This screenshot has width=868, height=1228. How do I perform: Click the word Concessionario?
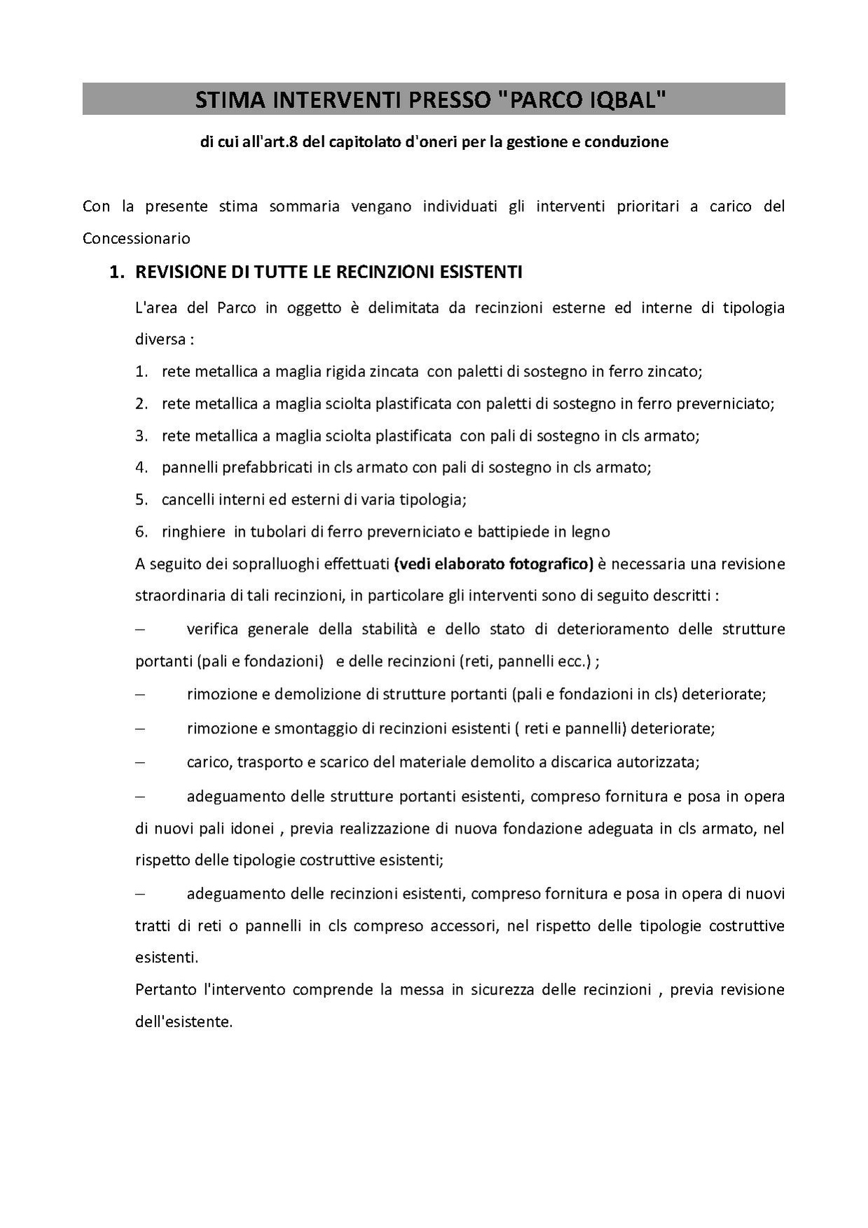pyautogui.click(x=136, y=238)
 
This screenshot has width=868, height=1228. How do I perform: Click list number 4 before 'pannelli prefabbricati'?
pyautogui.click(x=141, y=467)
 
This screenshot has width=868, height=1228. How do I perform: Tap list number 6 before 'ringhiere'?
pyautogui.click(x=141, y=532)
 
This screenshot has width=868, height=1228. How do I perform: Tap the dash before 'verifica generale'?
pyautogui.click(x=139, y=629)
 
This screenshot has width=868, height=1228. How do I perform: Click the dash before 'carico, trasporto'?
pyautogui.click(x=139, y=762)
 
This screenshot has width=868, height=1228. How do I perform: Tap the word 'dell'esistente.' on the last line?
pyautogui.click(x=184, y=1022)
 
